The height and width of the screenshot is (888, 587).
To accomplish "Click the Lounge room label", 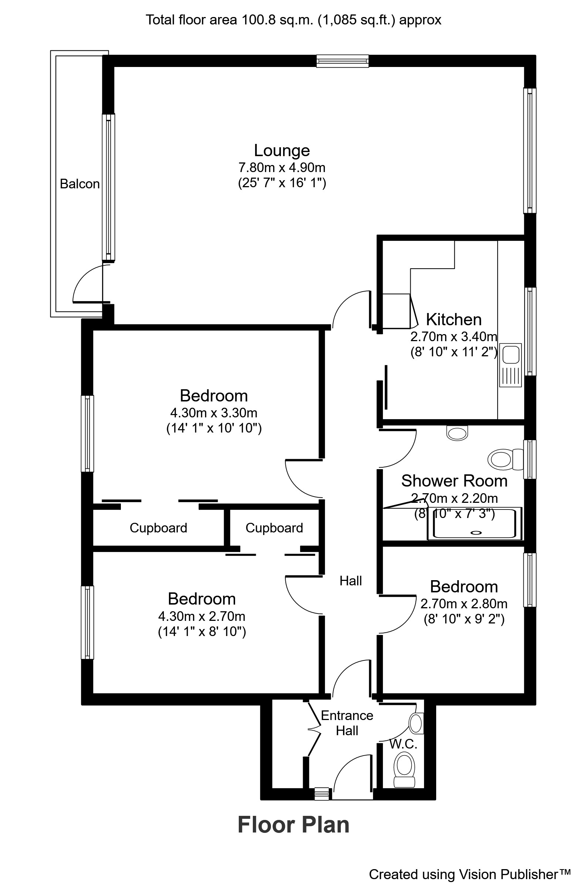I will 282,151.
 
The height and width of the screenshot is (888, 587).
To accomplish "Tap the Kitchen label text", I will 454,320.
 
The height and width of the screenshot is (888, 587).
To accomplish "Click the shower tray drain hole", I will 476,532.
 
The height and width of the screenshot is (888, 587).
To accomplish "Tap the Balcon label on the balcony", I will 80,184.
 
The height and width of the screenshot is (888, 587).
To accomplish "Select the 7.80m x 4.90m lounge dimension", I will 282,167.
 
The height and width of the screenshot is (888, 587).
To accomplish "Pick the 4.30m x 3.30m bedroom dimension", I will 214,413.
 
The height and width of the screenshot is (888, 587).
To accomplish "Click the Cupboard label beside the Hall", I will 274,528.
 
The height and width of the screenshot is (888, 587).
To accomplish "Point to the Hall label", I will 350,581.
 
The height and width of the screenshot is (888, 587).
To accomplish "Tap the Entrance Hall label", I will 347,723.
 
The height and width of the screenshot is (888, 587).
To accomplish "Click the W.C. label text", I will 403,744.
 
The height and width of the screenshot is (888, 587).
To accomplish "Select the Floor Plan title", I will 293,825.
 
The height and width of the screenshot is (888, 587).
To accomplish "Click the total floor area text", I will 293,20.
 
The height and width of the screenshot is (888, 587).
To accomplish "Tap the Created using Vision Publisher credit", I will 470,875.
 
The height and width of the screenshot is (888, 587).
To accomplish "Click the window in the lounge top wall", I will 342,61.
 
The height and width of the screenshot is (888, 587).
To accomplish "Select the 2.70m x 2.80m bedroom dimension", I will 464,604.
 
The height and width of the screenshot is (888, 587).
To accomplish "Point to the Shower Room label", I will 454,481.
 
